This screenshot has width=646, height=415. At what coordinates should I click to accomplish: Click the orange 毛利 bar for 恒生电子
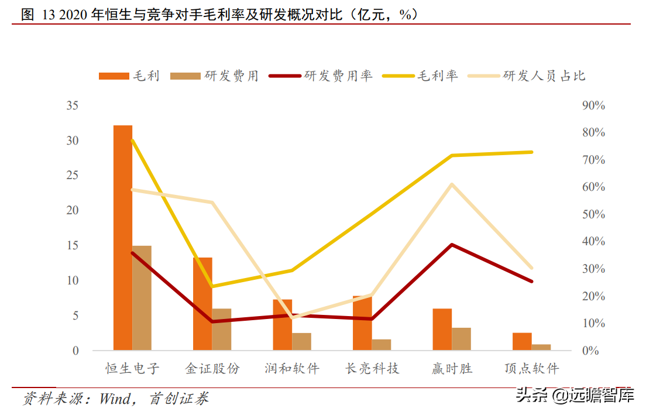pyautogui.click(x=123, y=237)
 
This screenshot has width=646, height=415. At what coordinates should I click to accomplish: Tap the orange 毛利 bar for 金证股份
pyautogui.click(x=202, y=304)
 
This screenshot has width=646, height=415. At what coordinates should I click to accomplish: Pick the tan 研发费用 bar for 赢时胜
pyautogui.click(x=461, y=339)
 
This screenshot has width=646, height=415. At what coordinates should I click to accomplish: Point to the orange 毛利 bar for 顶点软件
pyautogui.click(x=522, y=341)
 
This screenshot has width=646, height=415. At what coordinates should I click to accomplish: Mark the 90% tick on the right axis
pyautogui.click(x=593, y=106)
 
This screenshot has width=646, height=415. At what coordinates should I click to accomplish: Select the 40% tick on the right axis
pyautogui.click(x=593, y=242)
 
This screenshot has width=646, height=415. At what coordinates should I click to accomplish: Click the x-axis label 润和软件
pyautogui.click(x=292, y=369)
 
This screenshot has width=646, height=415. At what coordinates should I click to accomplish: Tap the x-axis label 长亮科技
pyautogui.click(x=372, y=369)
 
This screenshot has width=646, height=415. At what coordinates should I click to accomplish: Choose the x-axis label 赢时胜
pyautogui.click(x=452, y=369)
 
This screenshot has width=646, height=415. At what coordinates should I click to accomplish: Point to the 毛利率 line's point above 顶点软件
pyautogui.click(x=531, y=152)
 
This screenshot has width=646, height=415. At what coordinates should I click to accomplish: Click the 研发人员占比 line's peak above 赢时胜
pyautogui.click(x=452, y=184)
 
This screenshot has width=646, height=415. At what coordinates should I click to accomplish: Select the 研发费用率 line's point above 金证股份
pyautogui.click(x=212, y=321)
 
